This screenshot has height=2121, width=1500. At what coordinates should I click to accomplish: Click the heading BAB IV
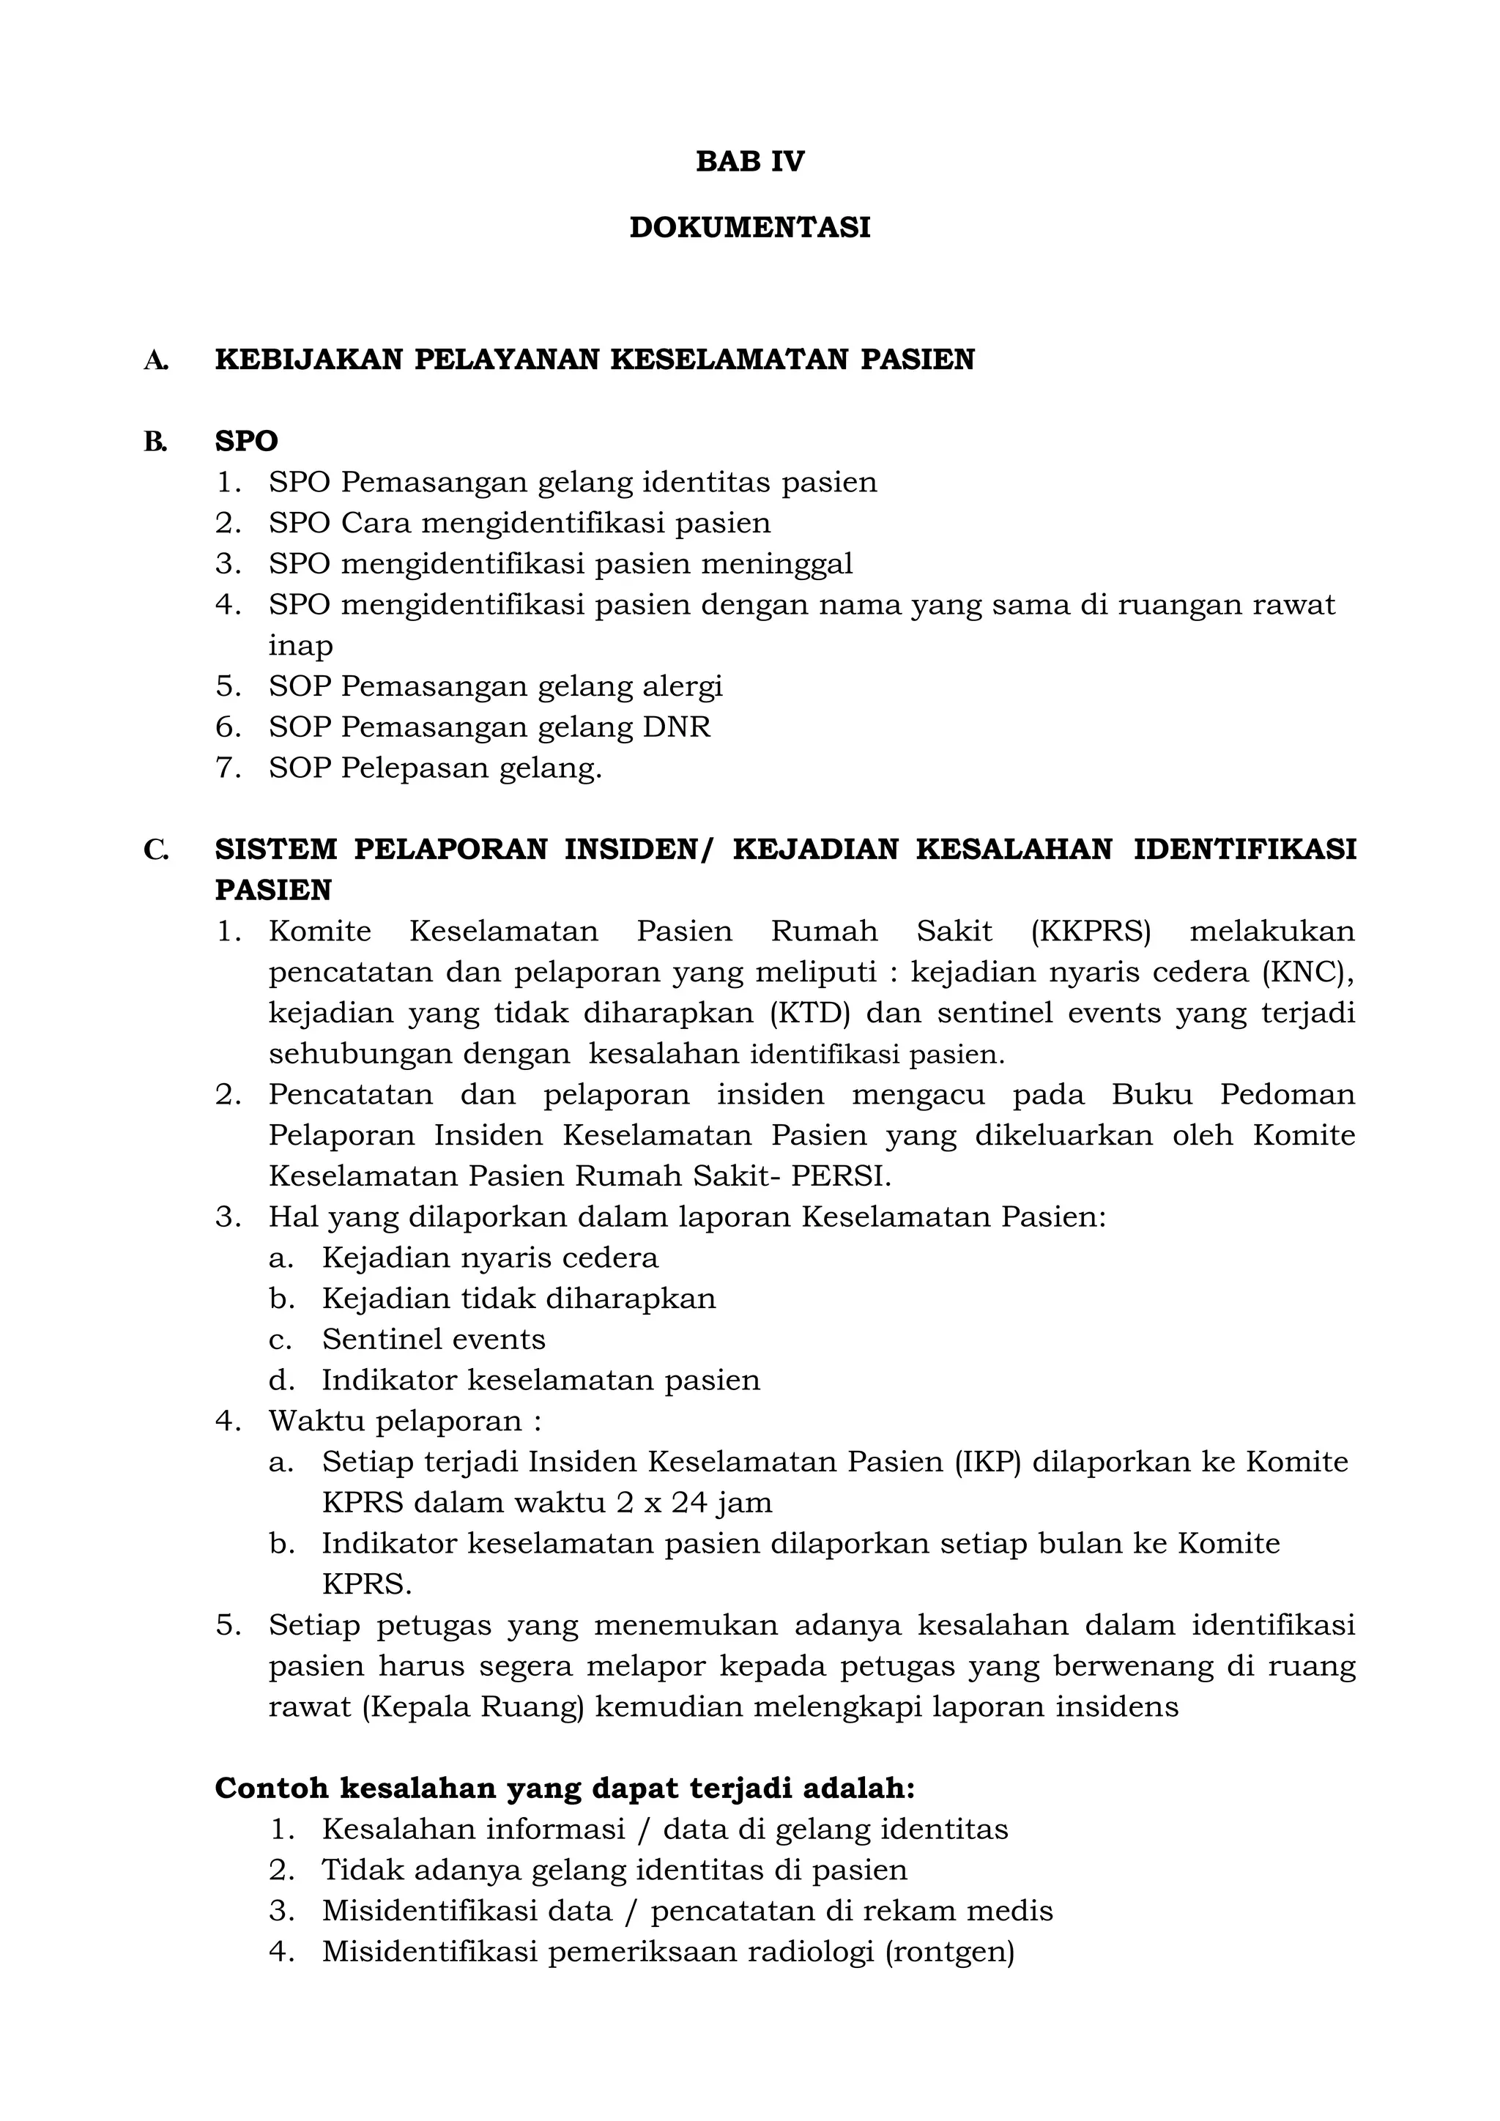coord(749,162)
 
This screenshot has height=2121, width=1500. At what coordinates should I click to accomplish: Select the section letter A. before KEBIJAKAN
coord(155,360)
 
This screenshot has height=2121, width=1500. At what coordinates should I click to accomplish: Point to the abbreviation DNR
coord(676,727)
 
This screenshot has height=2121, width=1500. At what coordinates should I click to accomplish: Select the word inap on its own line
coord(300,646)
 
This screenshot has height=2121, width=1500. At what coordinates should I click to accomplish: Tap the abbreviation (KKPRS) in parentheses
coord(1091,931)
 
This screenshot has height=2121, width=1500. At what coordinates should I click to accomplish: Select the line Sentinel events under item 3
coord(433,1340)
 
